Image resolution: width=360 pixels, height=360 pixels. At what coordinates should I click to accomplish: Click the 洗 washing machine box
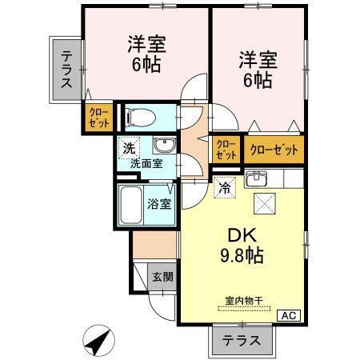pyautogui.click(x=128, y=147)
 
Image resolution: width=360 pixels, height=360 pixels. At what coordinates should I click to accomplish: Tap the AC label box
pyautogui.click(x=289, y=315)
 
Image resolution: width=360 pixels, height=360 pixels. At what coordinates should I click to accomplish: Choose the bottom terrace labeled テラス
pyautogui.click(x=242, y=339)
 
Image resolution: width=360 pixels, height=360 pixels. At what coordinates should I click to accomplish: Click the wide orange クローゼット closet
pyautogui.click(x=274, y=149)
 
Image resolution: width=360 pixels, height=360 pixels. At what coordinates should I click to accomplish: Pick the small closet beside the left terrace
pyautogui.click(x=100, y=118)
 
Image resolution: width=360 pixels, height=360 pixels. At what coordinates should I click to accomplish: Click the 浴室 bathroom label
pyautogui.click(x=159, y=203)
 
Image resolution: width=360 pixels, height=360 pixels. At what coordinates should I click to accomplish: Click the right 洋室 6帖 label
pyautogui.click(x=256, y=70)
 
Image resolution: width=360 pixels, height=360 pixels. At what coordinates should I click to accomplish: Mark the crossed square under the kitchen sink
pyautogui.click(x=265, y=203)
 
